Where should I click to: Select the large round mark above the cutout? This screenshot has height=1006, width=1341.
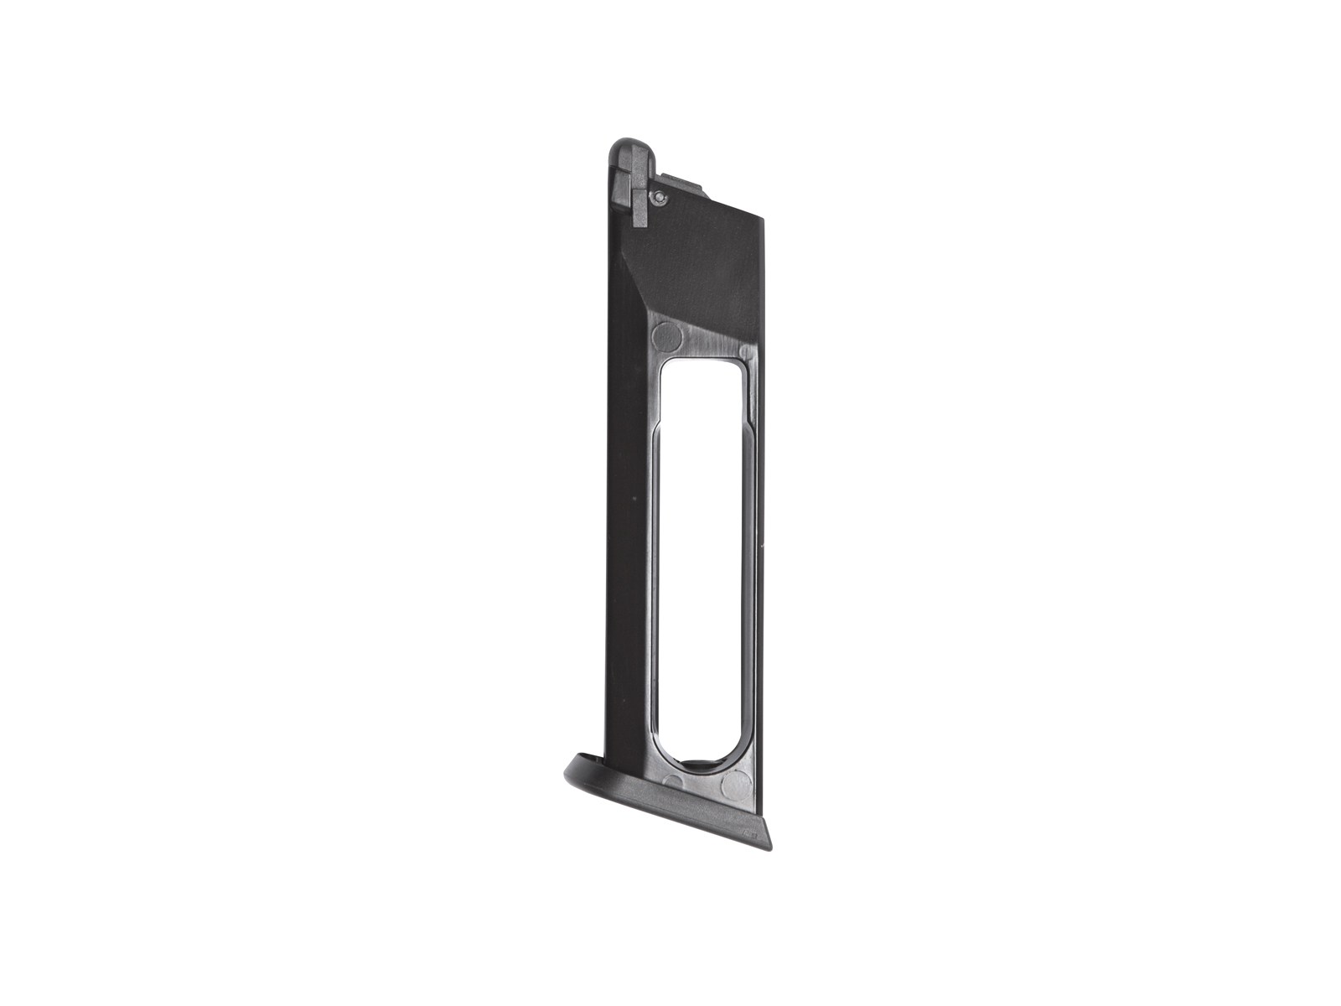pyautogui.click(x=666, y=335)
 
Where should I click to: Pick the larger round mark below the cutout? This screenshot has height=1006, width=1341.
pyautogui.click(x=737, y=786)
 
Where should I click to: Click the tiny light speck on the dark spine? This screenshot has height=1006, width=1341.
pyautogui.click(x=634, y=500)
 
